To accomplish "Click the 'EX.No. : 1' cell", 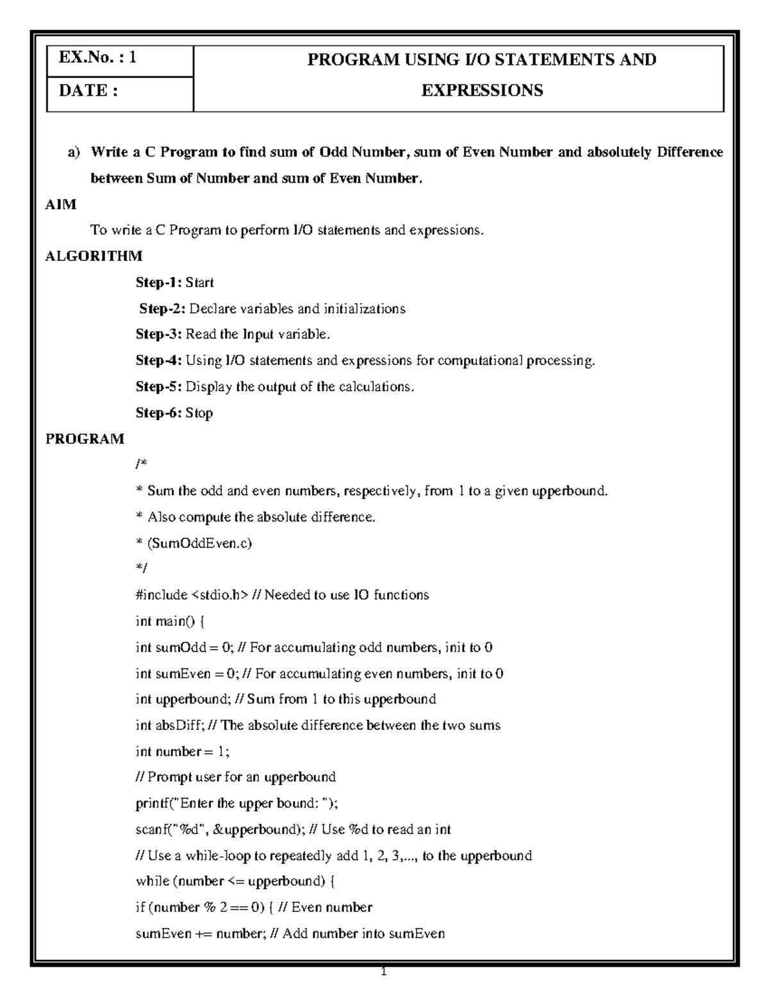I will click(97, 59).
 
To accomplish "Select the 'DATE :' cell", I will click(88, 90).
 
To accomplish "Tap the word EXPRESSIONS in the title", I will click(482, 90).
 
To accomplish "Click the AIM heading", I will click(61, 205).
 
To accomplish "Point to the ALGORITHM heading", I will click(94, 257).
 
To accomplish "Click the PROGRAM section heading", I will click(85, 439).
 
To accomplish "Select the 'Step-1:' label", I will click(159, 283).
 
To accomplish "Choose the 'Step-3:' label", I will click(159, 335).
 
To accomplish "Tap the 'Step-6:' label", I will click(159, 413).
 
